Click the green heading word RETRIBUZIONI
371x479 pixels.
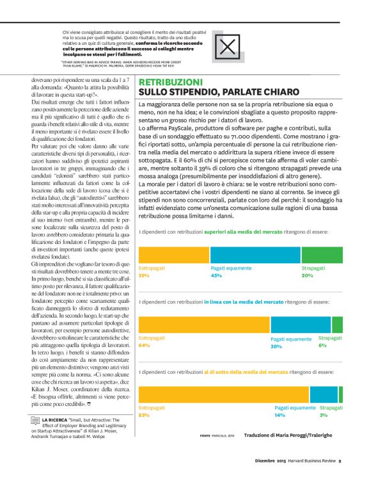coord(171,83)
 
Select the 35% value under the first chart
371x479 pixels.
coord(143,275)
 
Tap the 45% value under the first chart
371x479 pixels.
coord(216,275)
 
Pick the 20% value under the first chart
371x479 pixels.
coord(307,275)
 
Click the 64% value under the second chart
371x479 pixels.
coord(143,346)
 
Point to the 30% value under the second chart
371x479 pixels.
coord(276,346)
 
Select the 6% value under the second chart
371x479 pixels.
coord(322,345)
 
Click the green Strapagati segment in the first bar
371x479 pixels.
coord(322,254)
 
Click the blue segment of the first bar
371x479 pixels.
coord(256,254)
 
